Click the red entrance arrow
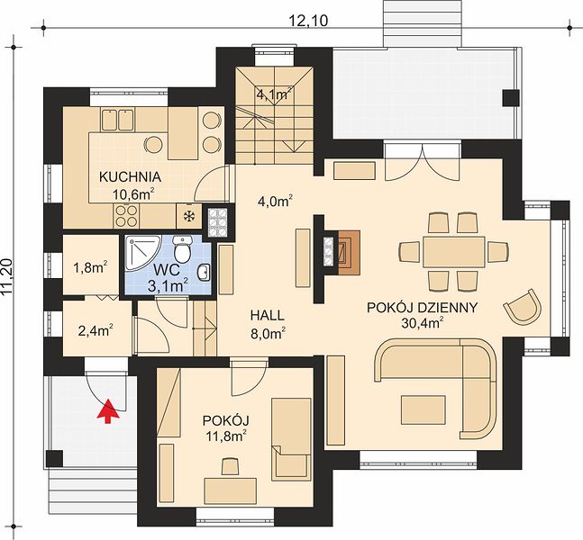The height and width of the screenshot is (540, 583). [x=108, y=411]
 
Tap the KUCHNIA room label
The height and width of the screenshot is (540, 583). [x=130, y=176]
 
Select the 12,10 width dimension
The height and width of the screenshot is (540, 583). [x=308, y=21]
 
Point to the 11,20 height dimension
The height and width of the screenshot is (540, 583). [x=8, y=276]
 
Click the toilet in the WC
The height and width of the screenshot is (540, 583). [x=182, y=248]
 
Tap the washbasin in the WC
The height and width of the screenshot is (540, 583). [x=204, y=274]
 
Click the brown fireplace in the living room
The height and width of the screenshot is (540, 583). [x=349, y=253]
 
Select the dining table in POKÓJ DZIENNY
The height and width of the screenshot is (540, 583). [x=453, y=251]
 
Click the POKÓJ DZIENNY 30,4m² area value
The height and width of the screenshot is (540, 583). [x=423, y=323]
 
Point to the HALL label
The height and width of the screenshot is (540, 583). [x=268, y=315]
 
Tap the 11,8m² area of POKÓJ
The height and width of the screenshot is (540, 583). [x=226, y=436]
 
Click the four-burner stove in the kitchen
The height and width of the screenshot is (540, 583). [x=126, y=216]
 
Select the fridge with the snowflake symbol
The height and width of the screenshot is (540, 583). [x=189, y=216]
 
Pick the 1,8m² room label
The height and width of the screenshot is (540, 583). [x=91, y=267]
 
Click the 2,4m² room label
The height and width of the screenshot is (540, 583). [x=96, y=330]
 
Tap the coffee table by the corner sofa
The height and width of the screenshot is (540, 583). [x=424, y=409]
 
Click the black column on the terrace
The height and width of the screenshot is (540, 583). [x=511, y=97]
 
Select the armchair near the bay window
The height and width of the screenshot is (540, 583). [x=523, y=306]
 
